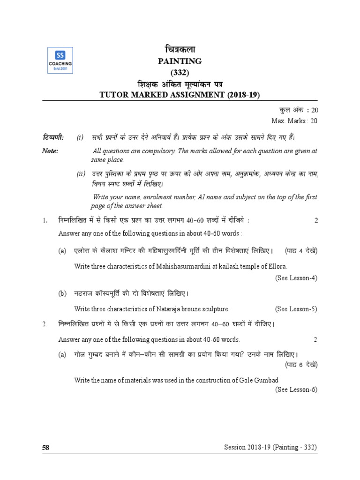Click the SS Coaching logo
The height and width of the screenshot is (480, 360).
(60, 60)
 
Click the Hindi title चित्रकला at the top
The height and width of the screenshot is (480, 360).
(180, 49)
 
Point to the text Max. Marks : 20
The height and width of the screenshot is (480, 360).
(294, 120)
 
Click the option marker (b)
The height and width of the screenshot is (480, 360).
(63, 294)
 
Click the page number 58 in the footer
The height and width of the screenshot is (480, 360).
(46, 448)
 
